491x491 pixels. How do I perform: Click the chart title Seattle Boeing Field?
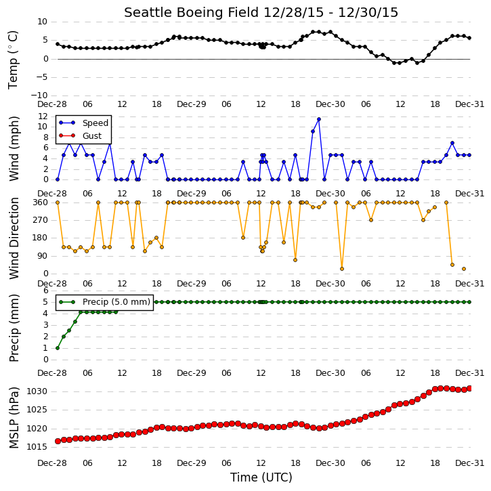(192, 12)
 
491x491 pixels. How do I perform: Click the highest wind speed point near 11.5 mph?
(319, 119)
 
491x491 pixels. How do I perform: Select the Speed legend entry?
(83, 123)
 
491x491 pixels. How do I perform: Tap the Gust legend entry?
(81, 135)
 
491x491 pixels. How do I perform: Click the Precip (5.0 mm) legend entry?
(104, 302)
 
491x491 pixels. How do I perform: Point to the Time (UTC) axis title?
(261, 477)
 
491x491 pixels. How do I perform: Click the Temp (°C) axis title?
(13, 60)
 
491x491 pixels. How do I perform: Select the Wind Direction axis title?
(14, 238)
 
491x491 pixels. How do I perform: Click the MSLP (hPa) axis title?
(14, 418)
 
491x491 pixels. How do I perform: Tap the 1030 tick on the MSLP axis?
(37, 391)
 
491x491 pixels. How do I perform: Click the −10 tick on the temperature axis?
(39, 95)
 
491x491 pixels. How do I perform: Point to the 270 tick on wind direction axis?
(41, 220)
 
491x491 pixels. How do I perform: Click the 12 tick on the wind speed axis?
(43, 116)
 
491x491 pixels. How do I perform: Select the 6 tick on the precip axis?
(46, 291)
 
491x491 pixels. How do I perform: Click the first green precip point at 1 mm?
(58, 348)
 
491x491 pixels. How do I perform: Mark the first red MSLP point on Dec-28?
(58, 441)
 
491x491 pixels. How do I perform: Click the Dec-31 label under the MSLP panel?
(469, 463)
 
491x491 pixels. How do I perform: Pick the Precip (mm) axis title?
(14, 328)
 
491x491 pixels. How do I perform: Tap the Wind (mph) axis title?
(14, 148)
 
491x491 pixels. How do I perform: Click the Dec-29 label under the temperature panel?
(192, 104)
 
